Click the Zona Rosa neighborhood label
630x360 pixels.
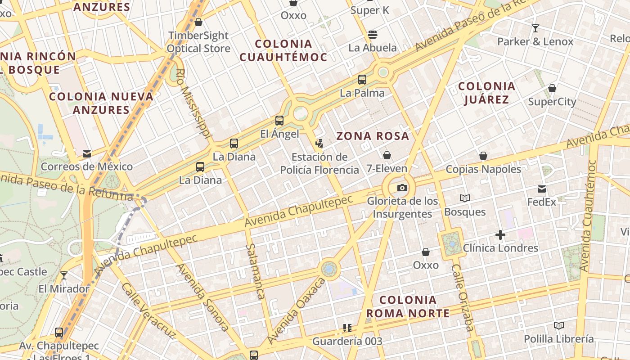(373, 136)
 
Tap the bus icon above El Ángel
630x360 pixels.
(279, 121)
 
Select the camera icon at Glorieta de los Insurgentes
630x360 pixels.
(402, 188)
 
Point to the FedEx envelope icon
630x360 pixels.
(542, 189)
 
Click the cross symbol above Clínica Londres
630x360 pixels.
(500, 235)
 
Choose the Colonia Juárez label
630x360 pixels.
(486, 93)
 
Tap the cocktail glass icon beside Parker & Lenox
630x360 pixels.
(535, 28)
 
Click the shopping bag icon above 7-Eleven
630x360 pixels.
(387, 156)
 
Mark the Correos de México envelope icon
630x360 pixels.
(87, 154)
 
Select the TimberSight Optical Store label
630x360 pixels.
(198, 42)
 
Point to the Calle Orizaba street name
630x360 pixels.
(463, 297)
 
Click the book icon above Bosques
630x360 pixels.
(465, 198)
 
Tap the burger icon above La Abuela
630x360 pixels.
(372, 34)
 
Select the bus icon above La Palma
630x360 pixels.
(362, 80)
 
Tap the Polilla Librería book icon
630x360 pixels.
(559, 325)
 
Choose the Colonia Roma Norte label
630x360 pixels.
(408, 306)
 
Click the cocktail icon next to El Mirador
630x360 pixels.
(64, 275)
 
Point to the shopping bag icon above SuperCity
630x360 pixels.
(552, 88)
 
